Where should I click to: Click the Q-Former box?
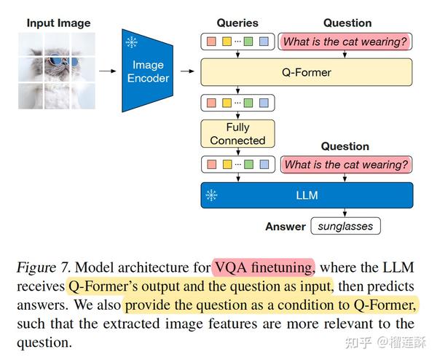(x=306, y=72)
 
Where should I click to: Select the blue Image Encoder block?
(x=148, y=71)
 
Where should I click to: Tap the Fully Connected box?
(x=237, y=133)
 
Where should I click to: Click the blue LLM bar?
(x=306, y=195)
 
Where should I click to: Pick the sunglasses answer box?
(x=346, y=226)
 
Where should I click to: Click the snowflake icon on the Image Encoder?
(x=132, y=42)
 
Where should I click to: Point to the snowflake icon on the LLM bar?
(x=211, y=195)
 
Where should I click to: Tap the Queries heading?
(x=237, y=23)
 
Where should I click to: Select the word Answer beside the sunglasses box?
(x=286, y=226)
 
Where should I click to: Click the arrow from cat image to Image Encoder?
(x=107, y=71)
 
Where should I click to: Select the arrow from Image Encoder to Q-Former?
(x=188, y=71)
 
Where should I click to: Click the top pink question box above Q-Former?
(x=345, y=42)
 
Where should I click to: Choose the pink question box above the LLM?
(x=345, y=165)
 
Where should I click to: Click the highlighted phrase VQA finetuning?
(x=263, y=267)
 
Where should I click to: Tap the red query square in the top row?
(x=211, y=42)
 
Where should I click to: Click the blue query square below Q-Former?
(x=264, y=103)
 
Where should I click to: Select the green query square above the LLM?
(x=248, y=165)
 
